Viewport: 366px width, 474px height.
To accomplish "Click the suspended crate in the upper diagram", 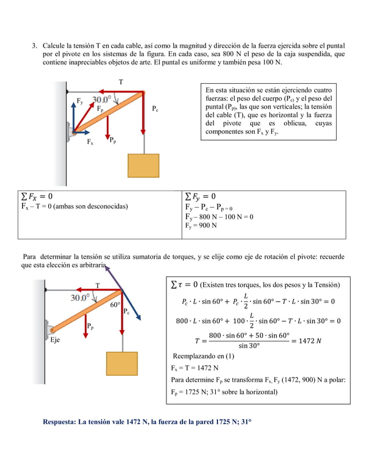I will coord(143,165).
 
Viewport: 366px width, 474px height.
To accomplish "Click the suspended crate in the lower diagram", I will coord(122,364).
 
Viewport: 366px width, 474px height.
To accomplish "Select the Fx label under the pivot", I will coord(90,142).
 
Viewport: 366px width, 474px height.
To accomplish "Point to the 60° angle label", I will coord(115,305).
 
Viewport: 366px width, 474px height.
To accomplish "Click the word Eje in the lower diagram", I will coord(55,340).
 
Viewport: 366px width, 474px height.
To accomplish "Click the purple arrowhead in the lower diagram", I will coord(107,269).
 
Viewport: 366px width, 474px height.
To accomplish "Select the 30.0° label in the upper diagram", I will coord(105,98).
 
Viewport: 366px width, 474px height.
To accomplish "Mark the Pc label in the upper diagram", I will coord(155,108).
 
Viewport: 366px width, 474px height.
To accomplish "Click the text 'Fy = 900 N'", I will coord(201,226).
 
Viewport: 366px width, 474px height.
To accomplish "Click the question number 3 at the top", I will coord(34,45).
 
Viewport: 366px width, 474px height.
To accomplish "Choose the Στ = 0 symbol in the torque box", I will coord(185,285).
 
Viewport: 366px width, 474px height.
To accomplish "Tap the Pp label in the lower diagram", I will coord(90,326).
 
